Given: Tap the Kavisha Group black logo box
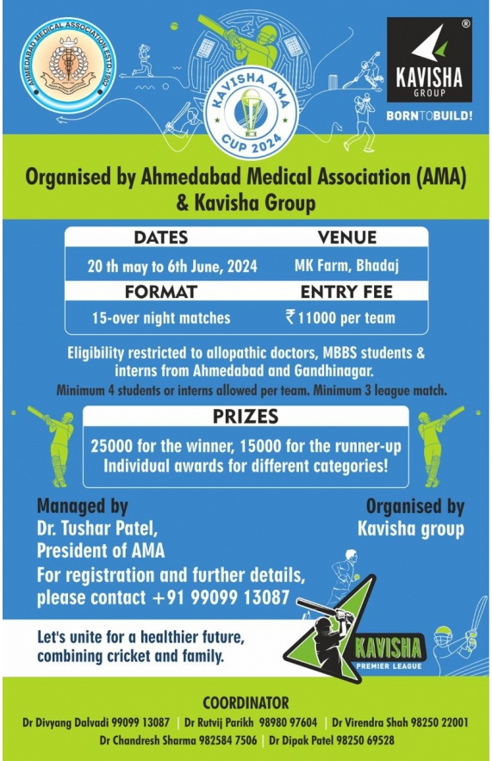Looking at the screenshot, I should [x=428, y=61].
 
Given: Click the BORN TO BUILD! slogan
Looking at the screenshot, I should [x=428, y=114].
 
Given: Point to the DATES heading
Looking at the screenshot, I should [x=160, y=238].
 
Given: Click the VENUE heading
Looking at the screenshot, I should [x=346, y=238].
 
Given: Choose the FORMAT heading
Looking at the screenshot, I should [x=160, y=292].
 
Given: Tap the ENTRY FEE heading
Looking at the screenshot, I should [x=346, y=292].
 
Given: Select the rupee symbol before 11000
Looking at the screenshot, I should [x=290, y=317].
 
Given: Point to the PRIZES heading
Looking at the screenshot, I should [x=246, y=418].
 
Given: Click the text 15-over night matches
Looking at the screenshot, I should [x=161, y=318].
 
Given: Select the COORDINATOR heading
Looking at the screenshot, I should [x=246, y=702].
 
